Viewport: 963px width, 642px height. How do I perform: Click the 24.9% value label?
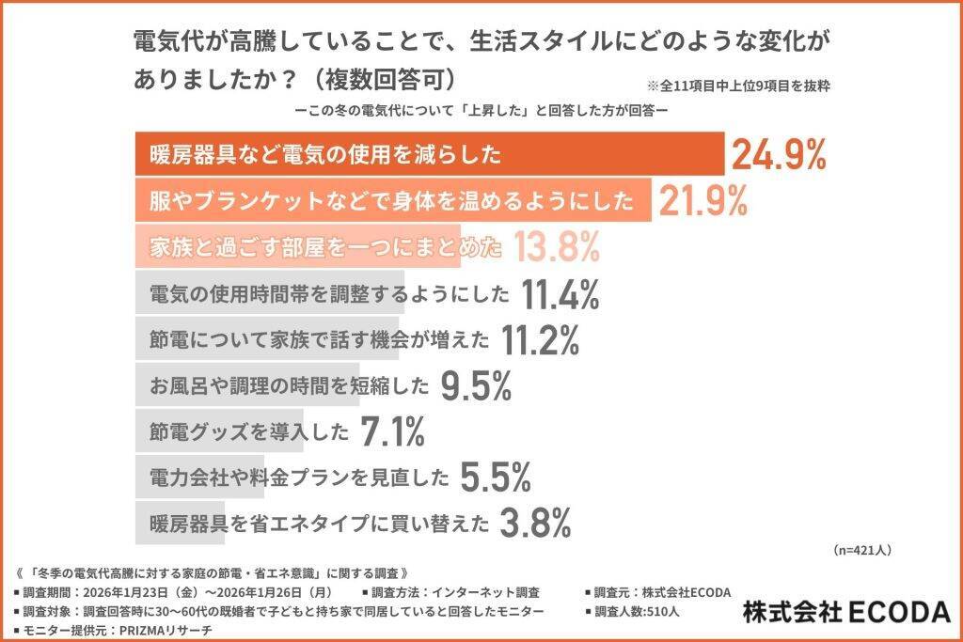click(x=779, y=154)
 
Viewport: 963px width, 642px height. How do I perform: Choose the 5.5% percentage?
click(x=497, y=477)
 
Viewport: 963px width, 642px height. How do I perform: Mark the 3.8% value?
click(x=535, y=522)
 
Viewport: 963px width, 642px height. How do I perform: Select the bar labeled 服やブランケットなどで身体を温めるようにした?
click(x=391, y=201)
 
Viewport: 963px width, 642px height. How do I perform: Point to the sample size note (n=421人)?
click(x=862, y=550)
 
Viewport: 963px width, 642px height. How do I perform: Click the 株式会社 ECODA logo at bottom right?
click(x=846, y=612)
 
